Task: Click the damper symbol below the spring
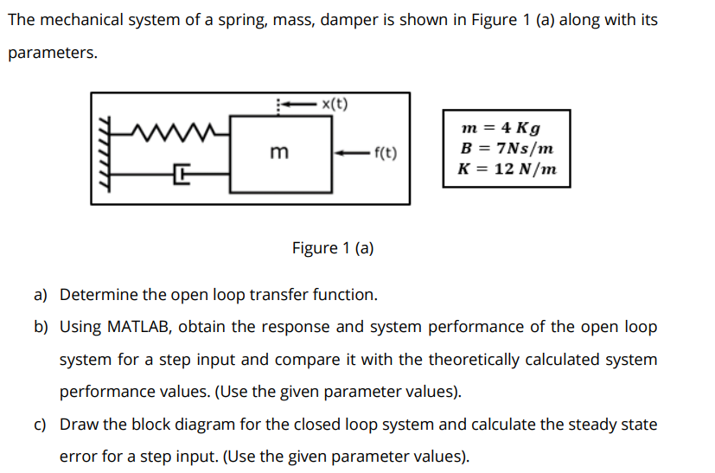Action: click(182, 176)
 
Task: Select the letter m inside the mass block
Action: click(278, 153)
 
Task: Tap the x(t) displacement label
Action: click(335, 105)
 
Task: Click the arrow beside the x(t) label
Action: click(297, 105)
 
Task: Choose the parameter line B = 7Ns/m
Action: click(507, 148)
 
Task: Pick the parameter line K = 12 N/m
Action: click(507, 169)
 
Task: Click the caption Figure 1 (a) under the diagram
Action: click(333, 248)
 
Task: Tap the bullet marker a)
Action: click(41, 295)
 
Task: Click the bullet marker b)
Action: click(41, 327)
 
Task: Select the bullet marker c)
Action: click(41, 425)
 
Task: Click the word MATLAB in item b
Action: click(140, 327)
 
